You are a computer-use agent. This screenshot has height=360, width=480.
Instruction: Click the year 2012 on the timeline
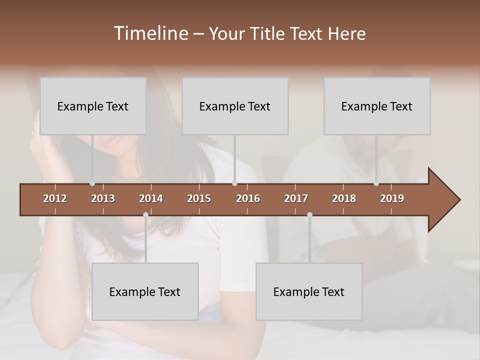(x=55, y=198)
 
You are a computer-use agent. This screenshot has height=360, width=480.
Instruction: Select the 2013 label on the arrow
(x=103, y=198)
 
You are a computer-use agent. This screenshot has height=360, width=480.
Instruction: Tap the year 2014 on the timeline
(x=151, y=198)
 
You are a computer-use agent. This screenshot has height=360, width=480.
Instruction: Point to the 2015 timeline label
(x=199, y=198)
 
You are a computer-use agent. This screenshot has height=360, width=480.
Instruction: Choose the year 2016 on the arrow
(x=248, y=198)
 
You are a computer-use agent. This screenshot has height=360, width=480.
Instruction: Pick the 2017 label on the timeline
(x=296, y=198)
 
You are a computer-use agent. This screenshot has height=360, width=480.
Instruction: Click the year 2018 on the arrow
(x=344, y=198)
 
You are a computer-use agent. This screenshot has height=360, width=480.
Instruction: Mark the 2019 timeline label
(x=392, y=198)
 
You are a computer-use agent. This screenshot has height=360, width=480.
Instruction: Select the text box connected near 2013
(x=93, y=106)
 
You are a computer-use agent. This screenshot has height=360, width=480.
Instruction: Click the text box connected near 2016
(x=235, y=106)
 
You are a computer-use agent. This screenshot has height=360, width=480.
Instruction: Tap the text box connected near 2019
(x=377, y=106)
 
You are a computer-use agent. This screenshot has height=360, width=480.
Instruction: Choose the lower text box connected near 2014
(x=145, y=291)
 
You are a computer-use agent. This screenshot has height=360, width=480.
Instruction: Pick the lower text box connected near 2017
(x=309, y=291)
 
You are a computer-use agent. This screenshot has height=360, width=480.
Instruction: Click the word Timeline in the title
(x=150, y=33)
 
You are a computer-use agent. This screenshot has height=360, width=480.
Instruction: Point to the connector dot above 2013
(x=92, y=183)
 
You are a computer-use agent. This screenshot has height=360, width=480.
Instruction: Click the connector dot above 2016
(x=234, y=183)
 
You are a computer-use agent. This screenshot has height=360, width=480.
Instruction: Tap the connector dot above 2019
(x=376, y=183)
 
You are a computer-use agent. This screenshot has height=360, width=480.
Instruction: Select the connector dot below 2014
(x=145, y=215)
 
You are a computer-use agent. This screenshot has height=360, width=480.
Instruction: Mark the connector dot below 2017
(x=309, y=215)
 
